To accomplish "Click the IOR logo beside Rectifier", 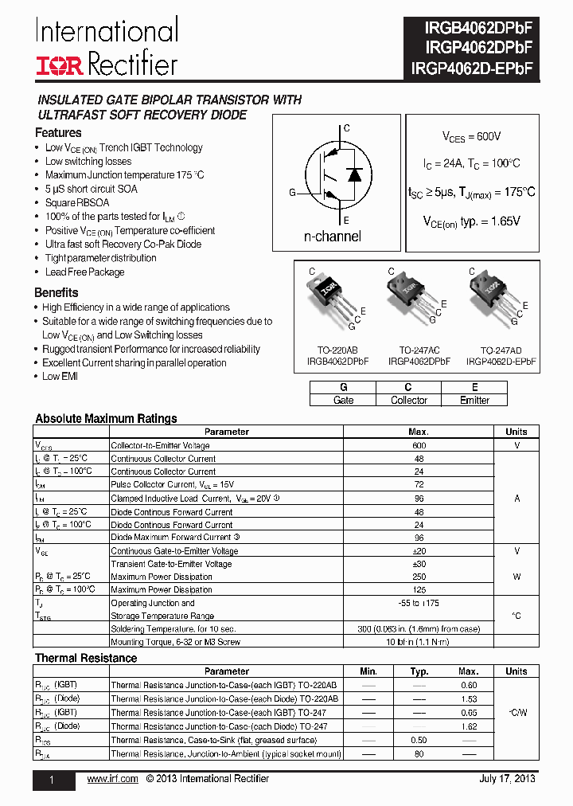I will pos(59,65).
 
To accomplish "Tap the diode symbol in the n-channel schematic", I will pos(354,174).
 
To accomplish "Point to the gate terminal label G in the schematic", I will pos(292,193).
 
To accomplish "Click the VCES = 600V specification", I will pos(472,137).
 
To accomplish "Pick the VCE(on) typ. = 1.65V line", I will pos(471,221).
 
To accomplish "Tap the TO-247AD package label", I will pos(501,350).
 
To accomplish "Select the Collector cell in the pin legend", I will pos(409,400).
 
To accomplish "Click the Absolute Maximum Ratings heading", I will pos(106,418).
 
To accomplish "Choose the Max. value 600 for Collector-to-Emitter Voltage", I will pos(419,445).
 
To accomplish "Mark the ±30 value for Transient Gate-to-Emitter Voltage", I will pos(419,564).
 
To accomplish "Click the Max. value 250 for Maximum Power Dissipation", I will pos(419,577).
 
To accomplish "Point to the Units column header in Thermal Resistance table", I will pos(516,671).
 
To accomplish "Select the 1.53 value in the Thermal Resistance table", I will pos(469,698).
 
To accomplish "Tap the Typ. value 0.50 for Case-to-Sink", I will pos(419,740).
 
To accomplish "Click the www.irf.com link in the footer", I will pos(112,779).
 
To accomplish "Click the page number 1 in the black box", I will pos(52,781).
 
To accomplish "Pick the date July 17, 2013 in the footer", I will pos(507,779).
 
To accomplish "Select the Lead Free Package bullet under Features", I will pos(84,272).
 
